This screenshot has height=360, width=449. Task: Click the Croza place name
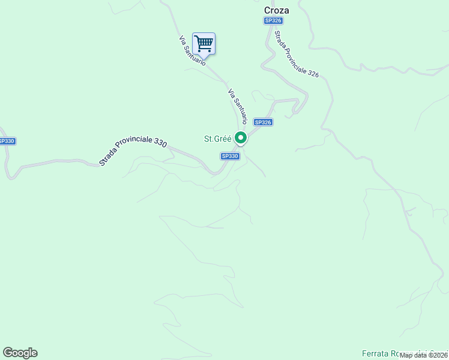(x=276, y=10)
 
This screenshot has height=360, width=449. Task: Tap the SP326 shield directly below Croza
(x=273, y=20)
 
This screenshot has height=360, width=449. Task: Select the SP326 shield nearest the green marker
(x=264, y=122)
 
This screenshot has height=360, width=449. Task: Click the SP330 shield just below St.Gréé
(x=230, y=156)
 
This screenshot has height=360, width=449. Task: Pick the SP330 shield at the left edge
(x=6, y=141)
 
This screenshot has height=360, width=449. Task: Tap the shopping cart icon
(x=203, y=43)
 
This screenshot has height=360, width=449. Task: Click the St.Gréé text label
(x=217, y=139)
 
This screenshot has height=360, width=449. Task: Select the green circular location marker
(x=241, y=137)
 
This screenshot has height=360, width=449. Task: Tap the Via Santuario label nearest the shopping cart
(x=192, y=51)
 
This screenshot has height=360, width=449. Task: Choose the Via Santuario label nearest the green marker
(x=237, y=106)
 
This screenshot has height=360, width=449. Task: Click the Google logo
(x=20, y=353)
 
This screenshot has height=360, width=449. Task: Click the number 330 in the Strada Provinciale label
(x=160, y=142)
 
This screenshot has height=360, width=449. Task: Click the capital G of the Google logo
(x=8, y=352)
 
